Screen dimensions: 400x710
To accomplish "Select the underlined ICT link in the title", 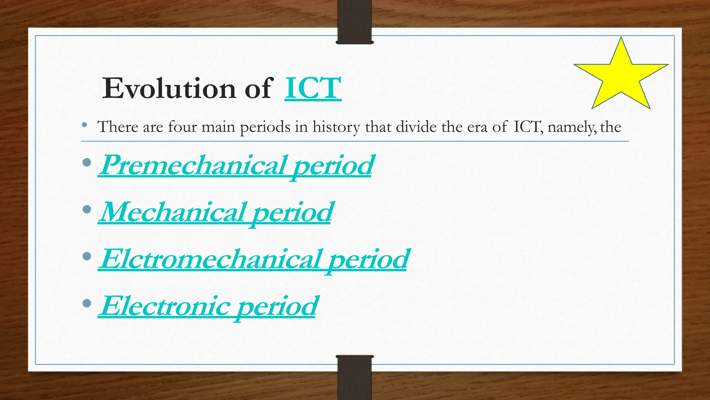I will (313, 89).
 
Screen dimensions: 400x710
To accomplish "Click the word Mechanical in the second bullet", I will (172, 212).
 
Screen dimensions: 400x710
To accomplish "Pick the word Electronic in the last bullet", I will (165, 306).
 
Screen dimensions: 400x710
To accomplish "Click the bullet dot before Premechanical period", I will (87, 162).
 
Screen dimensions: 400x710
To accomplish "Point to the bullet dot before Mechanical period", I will (87, 209).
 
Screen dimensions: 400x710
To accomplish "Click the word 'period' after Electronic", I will (277, 307).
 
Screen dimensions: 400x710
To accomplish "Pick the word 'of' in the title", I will (259, 89).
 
